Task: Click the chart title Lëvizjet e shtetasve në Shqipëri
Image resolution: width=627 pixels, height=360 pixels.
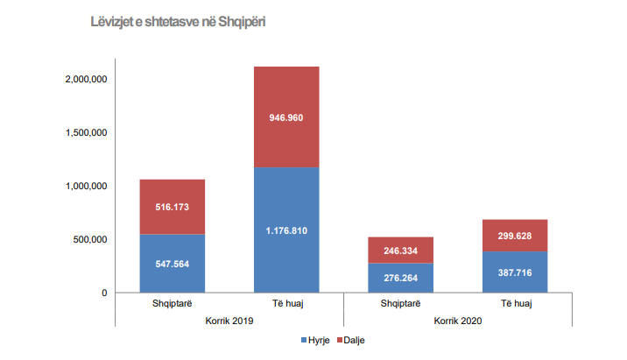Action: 178,20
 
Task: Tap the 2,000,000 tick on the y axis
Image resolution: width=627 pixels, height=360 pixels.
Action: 86,79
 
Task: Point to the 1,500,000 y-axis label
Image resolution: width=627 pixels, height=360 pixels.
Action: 86,132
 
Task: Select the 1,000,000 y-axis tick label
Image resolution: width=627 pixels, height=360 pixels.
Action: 86,186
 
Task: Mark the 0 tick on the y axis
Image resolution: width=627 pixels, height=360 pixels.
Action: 103,293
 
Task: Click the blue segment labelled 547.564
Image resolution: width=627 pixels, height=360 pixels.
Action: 172,263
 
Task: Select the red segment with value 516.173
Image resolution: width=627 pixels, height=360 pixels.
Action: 172,207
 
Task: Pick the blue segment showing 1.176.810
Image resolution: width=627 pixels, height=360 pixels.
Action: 285,229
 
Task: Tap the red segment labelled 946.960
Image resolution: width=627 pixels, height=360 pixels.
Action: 285,116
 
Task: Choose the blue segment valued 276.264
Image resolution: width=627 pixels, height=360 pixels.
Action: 400,278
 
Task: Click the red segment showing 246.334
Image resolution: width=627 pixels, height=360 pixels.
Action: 400,250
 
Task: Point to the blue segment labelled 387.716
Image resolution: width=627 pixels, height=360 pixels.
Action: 514,272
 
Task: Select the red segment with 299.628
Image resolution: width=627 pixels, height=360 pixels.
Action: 514,235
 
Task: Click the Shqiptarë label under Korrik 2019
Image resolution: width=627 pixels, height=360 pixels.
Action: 172,305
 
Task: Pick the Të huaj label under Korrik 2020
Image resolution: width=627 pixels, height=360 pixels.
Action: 514,305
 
